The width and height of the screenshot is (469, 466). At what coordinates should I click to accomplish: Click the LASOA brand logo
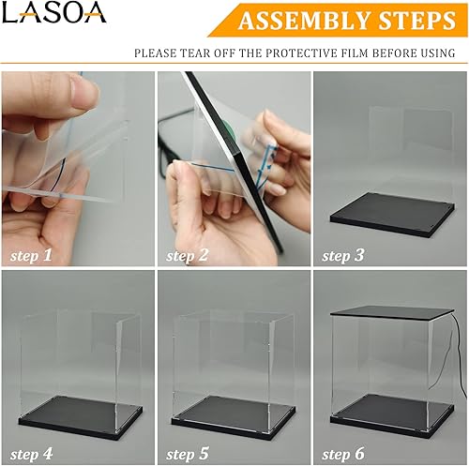coord(54,13)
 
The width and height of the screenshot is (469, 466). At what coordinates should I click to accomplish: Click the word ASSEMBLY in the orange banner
coord(299,21)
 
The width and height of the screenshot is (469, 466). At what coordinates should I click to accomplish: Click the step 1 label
coord(32,254)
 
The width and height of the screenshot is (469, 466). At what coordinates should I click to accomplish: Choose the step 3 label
coord(344,254)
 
